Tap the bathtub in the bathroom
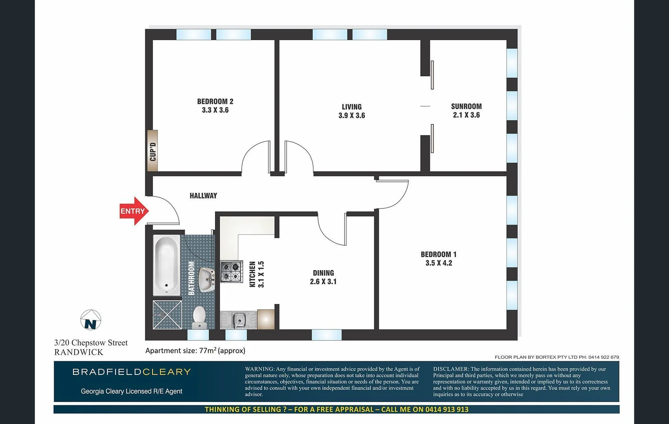click(166, 265)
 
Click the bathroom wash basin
click(206, 279)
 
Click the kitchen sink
click(238, 320)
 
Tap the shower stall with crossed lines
click(167, 314)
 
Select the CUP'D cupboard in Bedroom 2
click(153, 151)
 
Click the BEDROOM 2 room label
click(215, 102)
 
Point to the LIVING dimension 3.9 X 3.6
click(352, 115)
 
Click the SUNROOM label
click(466, 106)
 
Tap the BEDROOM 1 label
click(438, 254)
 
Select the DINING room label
click(323, 273)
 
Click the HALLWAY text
click(203, 196)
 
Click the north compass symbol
click(91, 320)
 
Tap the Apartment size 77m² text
click(195, 351)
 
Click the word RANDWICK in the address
click(78, 352)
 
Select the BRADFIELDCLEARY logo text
click(131, 372)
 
